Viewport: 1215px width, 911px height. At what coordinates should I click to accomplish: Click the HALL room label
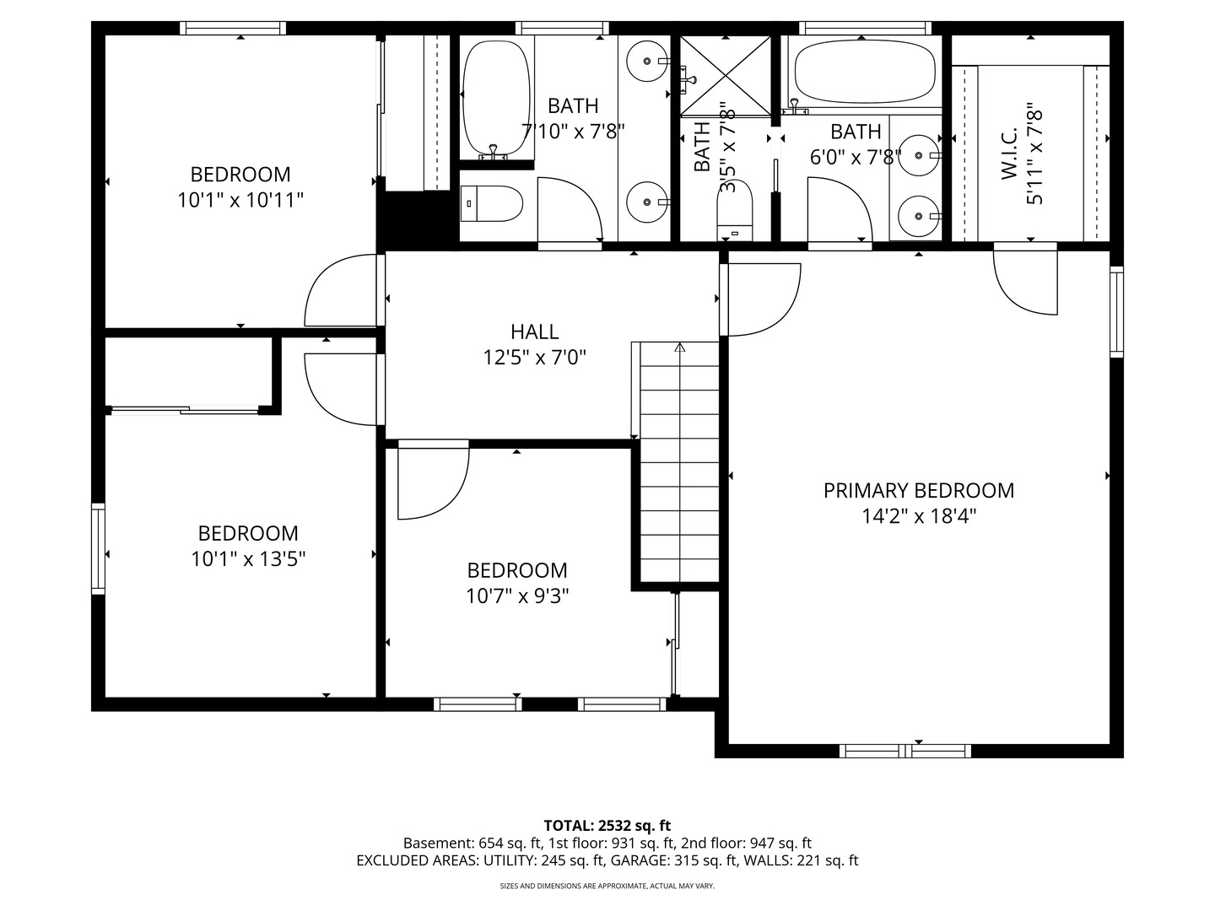(534, 332)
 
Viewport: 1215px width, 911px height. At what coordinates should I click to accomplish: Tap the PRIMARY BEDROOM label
(918, 491)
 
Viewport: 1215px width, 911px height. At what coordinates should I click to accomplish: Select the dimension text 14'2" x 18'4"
(918, 516)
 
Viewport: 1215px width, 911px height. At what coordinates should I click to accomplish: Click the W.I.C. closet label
(1010, 154)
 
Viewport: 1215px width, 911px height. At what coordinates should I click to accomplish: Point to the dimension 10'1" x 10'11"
(240, 200)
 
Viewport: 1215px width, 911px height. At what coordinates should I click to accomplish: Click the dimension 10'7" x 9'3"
(517, 596)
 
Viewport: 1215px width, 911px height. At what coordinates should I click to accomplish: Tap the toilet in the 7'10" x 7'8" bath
(492, 203)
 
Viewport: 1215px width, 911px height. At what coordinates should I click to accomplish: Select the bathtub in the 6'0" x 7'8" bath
(865, 72)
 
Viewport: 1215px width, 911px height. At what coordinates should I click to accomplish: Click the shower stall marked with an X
(725, 76)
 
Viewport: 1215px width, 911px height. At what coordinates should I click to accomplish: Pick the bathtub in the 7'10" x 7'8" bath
(495, 99)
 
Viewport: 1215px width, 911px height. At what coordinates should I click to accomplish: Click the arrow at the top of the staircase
(680, 348)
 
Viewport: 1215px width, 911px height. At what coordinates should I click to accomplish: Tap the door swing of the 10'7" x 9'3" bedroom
(434, 480)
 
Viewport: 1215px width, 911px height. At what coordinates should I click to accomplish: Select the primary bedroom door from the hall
(760, 299)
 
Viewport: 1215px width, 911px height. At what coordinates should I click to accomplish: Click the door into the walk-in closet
(1025, 282)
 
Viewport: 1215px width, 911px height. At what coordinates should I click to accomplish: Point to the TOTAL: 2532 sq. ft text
(607, 826)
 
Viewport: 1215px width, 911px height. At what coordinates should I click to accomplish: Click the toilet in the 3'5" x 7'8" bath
(735, 210)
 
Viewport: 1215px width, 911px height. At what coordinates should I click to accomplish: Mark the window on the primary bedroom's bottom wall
(905, 751)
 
